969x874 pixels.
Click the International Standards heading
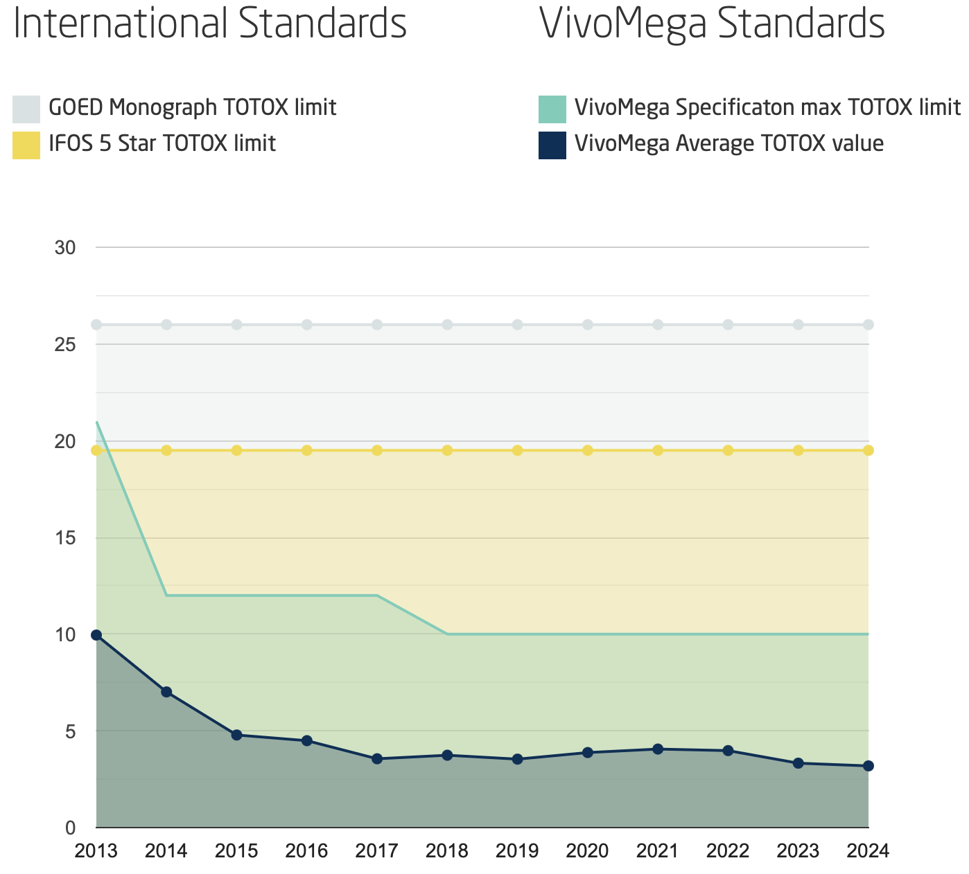(210, 24)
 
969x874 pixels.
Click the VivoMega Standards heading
(712, 24)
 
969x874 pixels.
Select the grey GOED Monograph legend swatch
(26, 109)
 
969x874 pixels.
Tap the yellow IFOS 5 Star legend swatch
(26, 145)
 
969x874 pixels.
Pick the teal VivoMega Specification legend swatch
(552, 109)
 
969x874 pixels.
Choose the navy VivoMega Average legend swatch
(552, 145)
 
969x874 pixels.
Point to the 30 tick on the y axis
(65, 247)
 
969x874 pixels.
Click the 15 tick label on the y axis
(65, 537)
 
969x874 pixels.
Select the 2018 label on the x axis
(447, 850)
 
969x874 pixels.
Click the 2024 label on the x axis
(868, 850)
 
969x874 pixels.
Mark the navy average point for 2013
(96, 635)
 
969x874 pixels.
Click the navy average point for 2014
(166, 692)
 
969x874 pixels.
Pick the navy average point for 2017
(377, 759)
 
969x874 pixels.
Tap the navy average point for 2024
(868, 766)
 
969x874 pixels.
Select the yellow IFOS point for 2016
(307, 451)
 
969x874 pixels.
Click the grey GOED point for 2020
(588, 325)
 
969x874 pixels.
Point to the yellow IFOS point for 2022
(728, 451)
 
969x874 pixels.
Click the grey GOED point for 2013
(96, 325)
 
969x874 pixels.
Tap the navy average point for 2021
(658, 749)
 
